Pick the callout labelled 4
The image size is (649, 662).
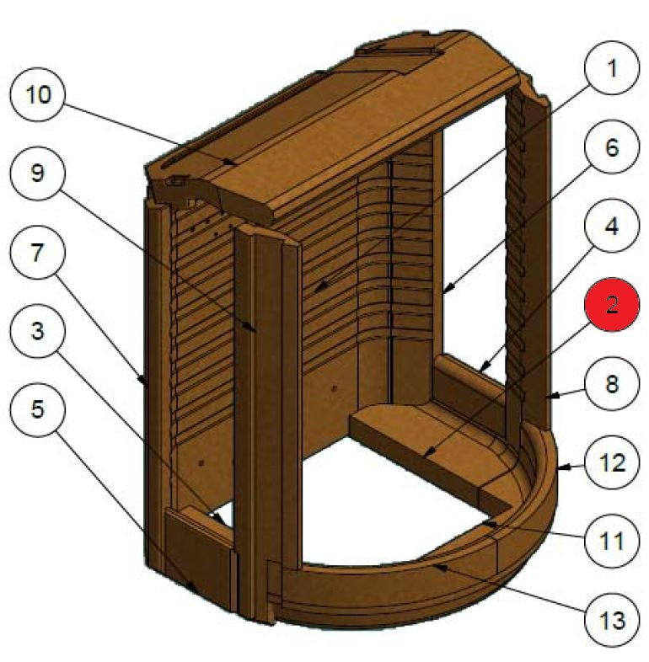(612, 227)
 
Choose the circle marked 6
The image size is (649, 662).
(612, 150)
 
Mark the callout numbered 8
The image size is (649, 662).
(612, 384)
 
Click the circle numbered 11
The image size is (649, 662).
(612, 541)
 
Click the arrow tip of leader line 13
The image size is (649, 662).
(433, 566)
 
